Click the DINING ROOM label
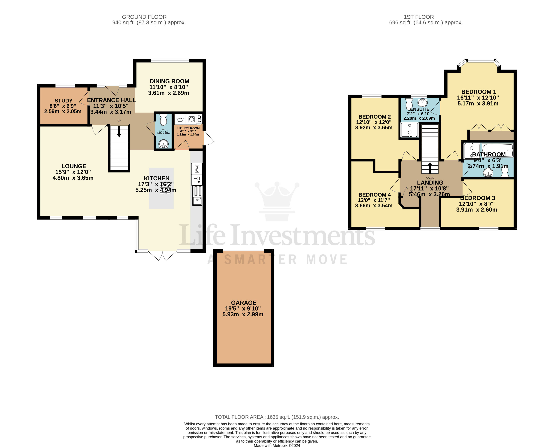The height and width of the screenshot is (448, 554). pos(169,81)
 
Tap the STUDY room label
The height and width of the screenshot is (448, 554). pos(64,101)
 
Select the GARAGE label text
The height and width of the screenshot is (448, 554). pos(244,303)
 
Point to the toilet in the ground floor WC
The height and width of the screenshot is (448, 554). pos(163,120)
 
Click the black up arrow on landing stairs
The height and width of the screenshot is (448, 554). pos(430,167)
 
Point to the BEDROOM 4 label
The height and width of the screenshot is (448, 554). pos(374,195)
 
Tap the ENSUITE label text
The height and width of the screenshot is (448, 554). pos(420,109)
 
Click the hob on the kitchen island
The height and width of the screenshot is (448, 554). pos(165,188)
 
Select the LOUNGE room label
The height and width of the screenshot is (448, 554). pos(74,166)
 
